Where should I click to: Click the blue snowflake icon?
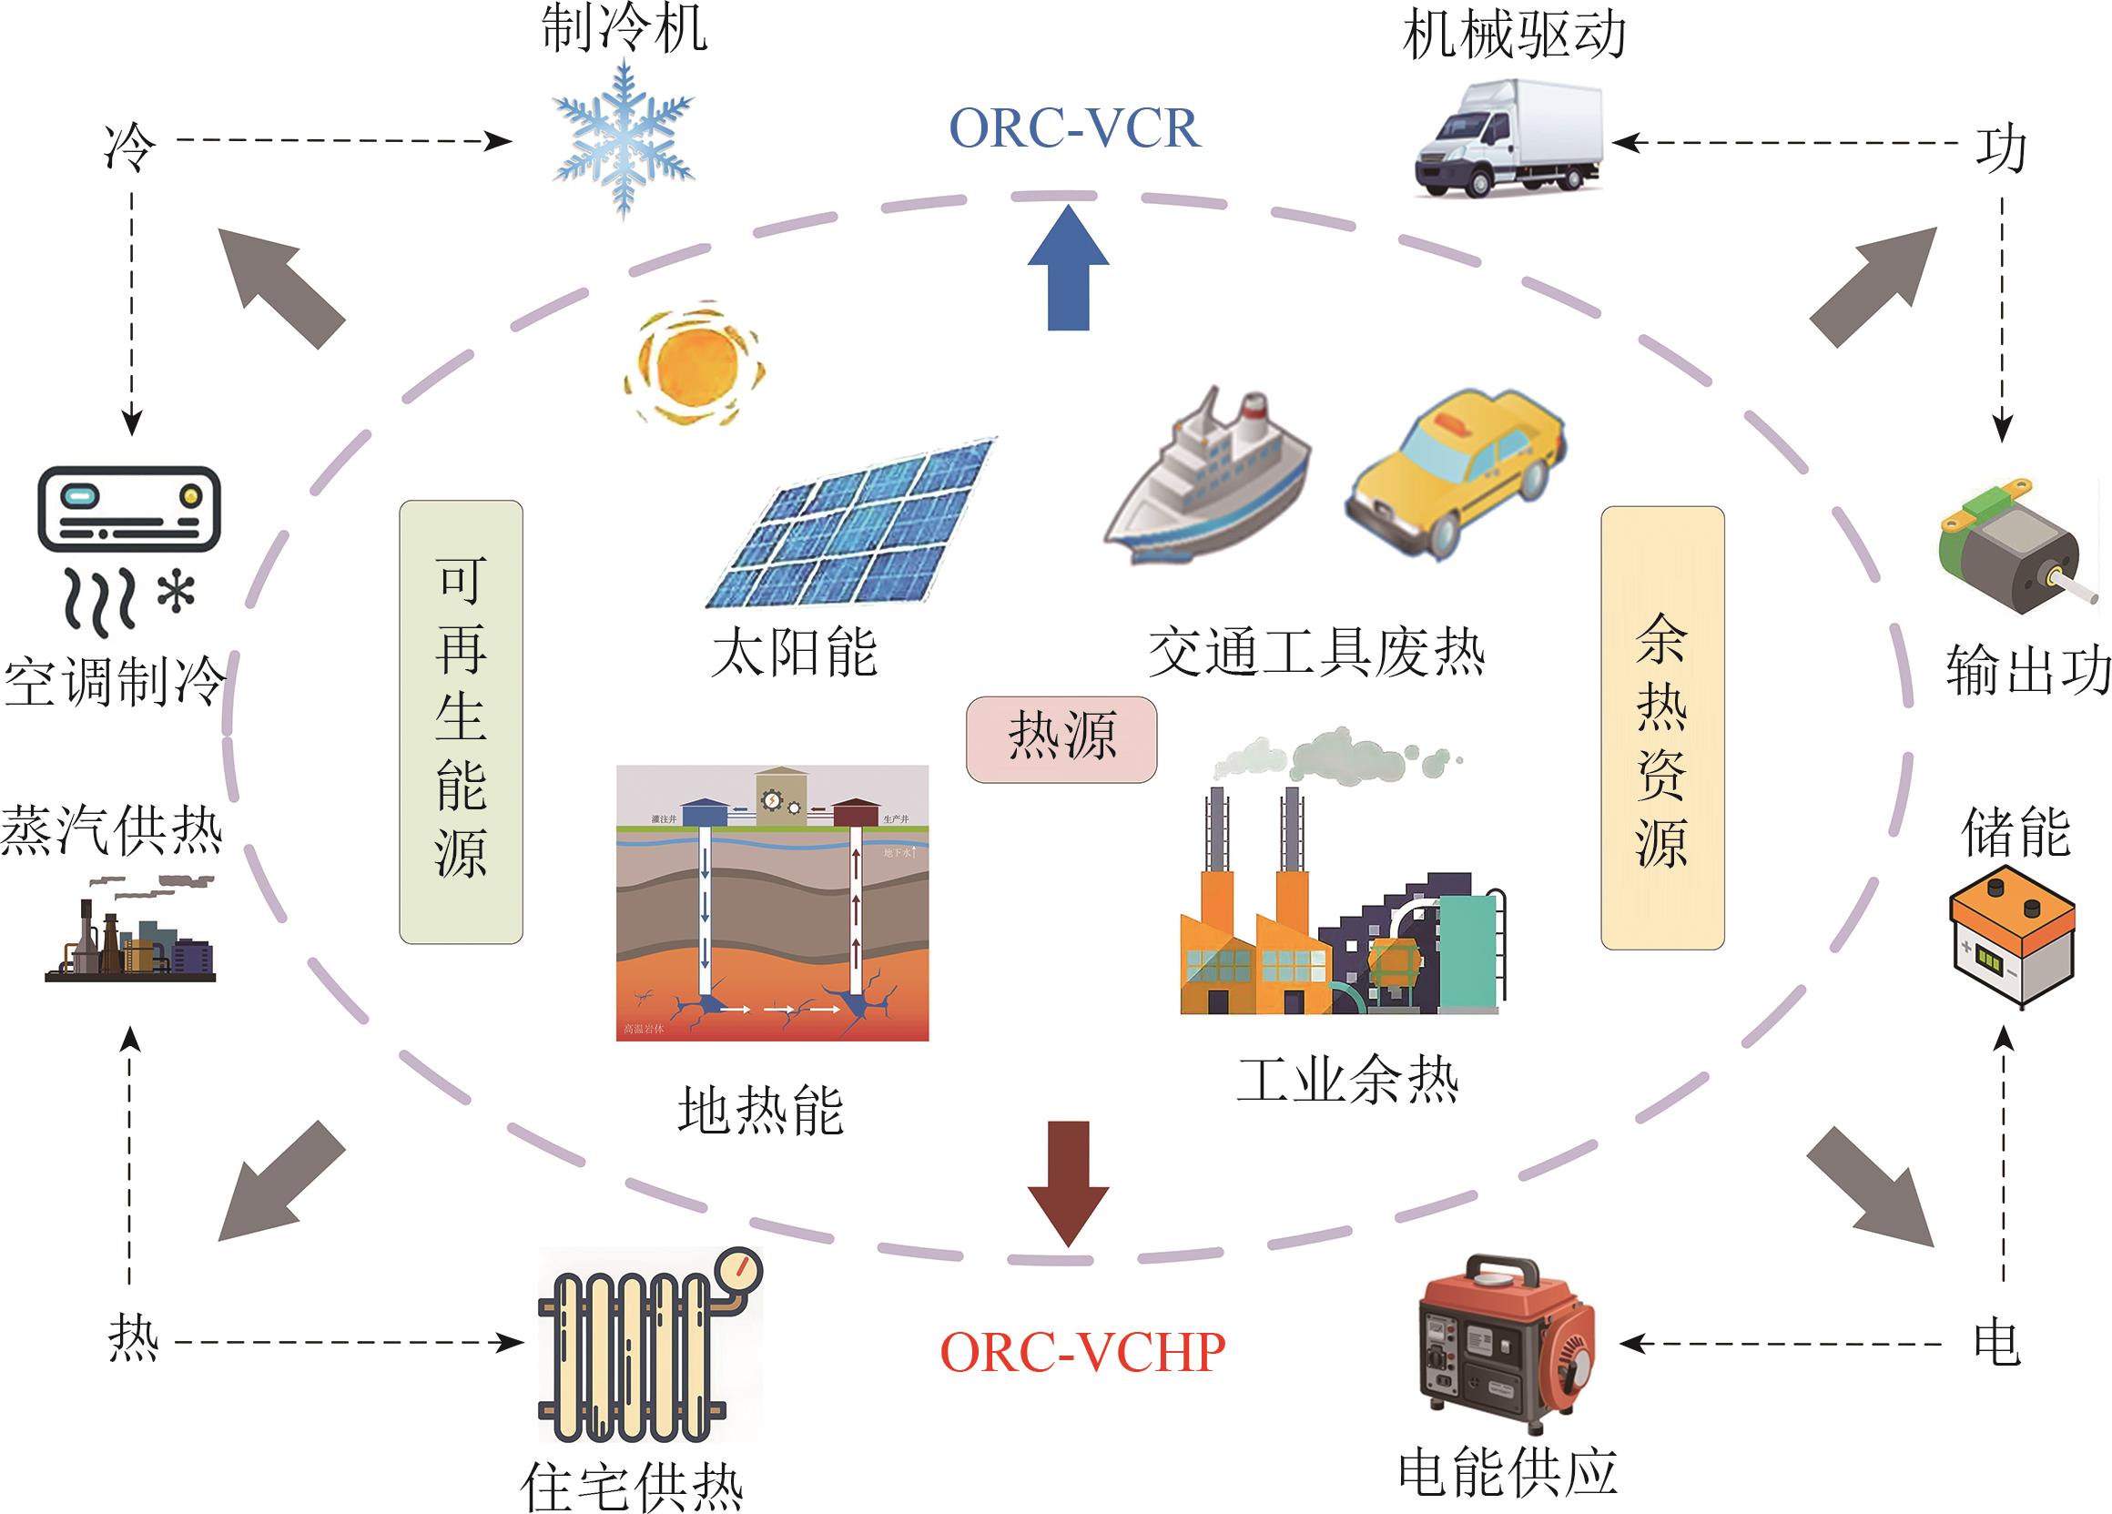coord(623,139)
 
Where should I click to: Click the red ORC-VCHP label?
coord(1082,1352)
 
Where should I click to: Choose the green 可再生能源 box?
coord(461,722)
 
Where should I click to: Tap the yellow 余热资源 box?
coord(1662,727)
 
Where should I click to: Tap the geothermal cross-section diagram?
coord(772,902)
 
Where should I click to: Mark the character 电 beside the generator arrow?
coord(1996,1344)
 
